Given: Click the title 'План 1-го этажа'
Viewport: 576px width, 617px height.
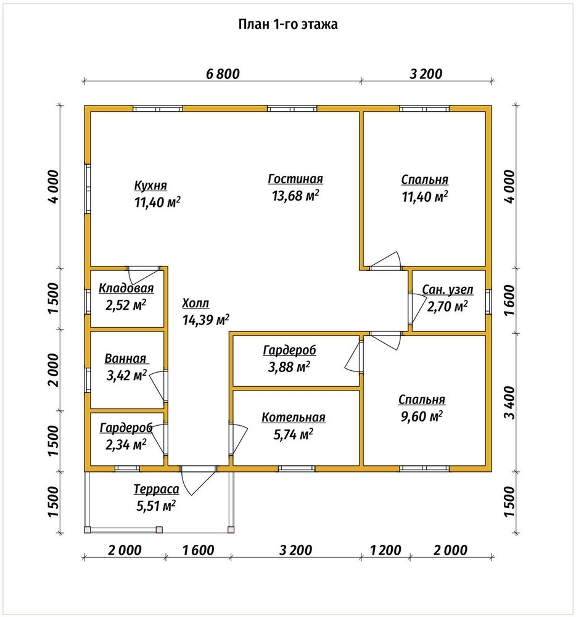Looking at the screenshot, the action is pyautogui.click(x=288, y=25).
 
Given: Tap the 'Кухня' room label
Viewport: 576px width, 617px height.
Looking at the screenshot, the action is pyautogui.click(x=150, y=185).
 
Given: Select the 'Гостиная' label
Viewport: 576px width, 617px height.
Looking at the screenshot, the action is pyautogui.click(x=295, y=179).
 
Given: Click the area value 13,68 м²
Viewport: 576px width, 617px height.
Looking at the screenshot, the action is pyautogui.click(x=295, y=196).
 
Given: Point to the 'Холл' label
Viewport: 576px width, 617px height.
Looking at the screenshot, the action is pyautogui.click(x=195, y=304).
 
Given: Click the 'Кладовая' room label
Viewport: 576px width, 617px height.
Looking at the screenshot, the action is pyautogui.click(x=126, y=288).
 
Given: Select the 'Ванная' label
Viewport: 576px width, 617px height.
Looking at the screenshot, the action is pyautogui.click(x=125, y=358).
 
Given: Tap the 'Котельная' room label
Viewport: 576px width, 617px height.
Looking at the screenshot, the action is pyautogui.click(x=294, y=418).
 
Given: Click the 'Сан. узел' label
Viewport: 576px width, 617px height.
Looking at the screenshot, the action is pyautogui.click(x=448, y=290).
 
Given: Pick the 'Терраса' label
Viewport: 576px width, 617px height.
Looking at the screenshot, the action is pyautogui.click(x=156, y=489).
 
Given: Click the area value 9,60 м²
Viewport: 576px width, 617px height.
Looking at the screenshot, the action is pyautogui.click(x=421, y=416).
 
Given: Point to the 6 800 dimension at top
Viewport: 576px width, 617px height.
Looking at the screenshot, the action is pyautogui.click(x=223, y=74).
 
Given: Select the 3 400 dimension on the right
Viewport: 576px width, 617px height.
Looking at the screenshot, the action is pyautogui.click(x=509, y=402).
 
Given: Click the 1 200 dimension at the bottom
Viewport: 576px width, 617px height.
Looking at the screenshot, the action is pyautogui.click(x=385, y=550).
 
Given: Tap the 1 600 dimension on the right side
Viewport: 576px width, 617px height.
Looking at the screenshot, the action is pyautogui.click(x=509, y=300).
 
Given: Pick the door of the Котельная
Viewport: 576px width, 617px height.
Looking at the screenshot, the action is pyautogui.click(x=238, y=439).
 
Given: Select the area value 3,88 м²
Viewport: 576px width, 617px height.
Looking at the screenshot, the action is pyautogui.click(x=289, y=367).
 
